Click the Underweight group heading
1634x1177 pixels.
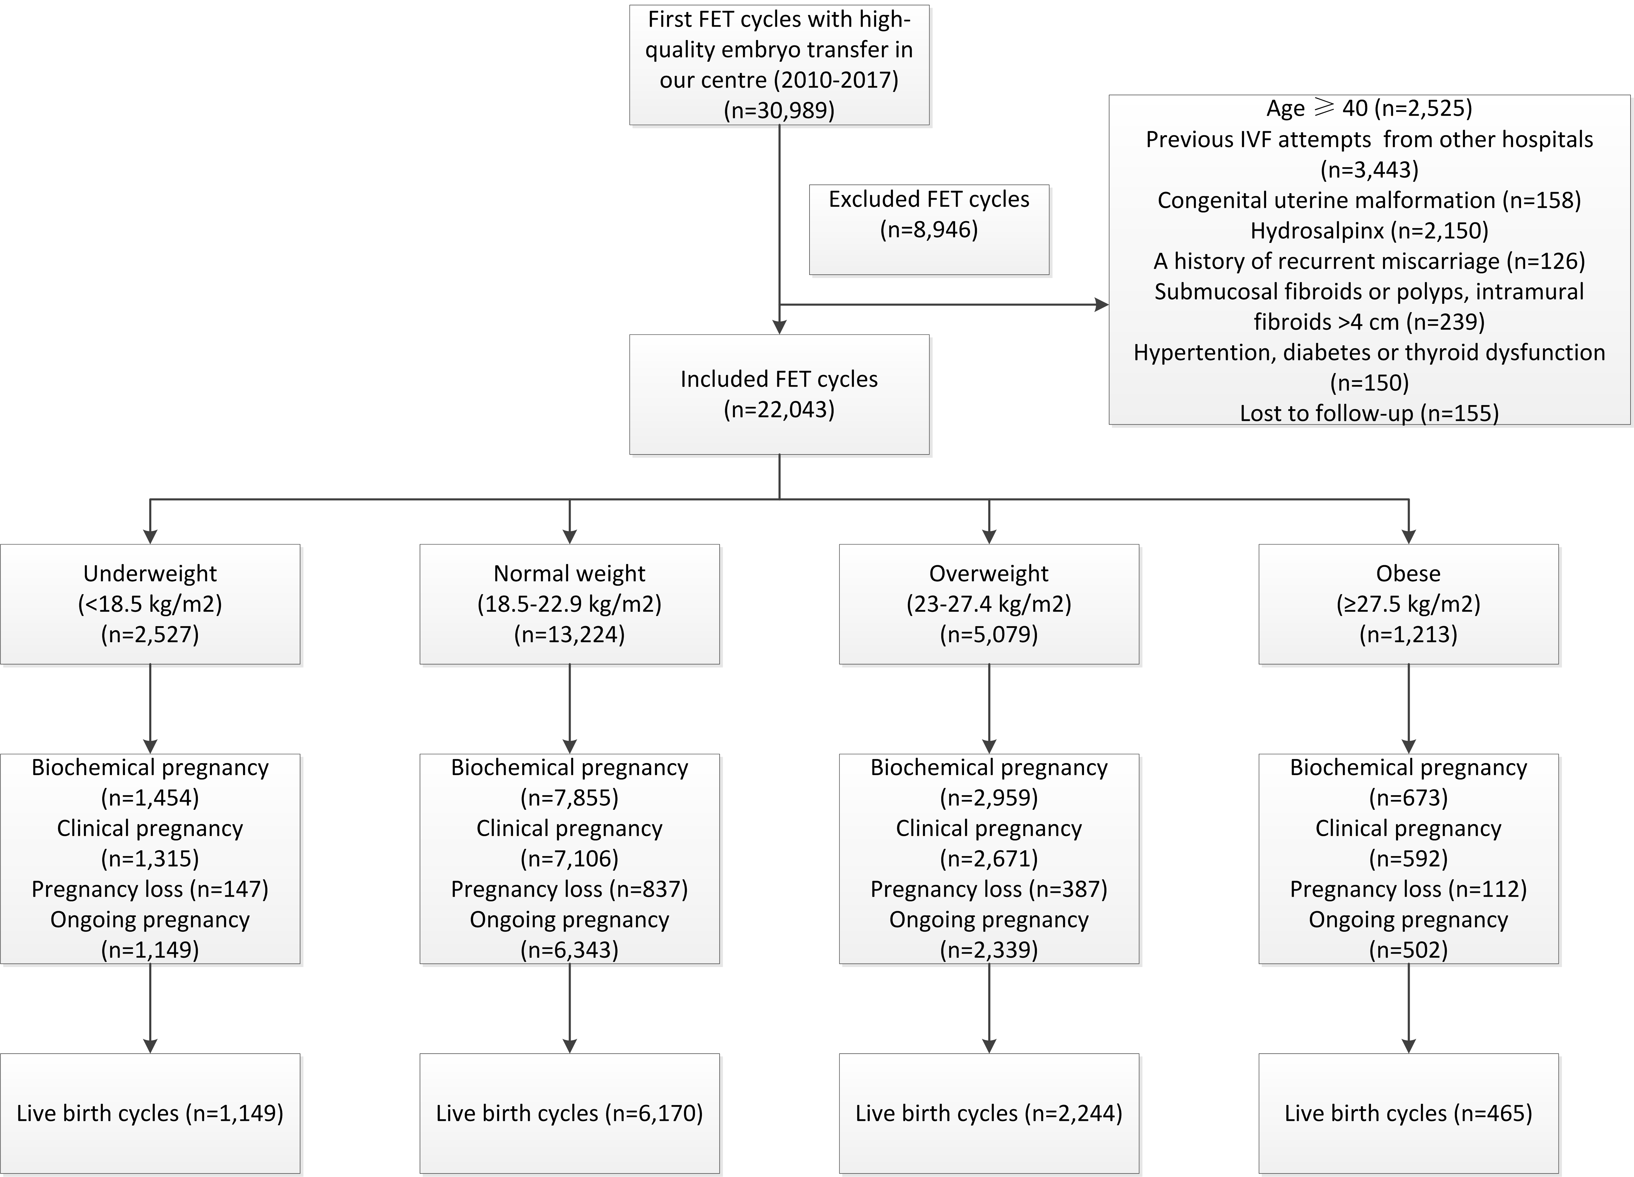pos(150,573)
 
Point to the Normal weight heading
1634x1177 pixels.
pos(569,573)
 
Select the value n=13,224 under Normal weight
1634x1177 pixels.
pos(569,635)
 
